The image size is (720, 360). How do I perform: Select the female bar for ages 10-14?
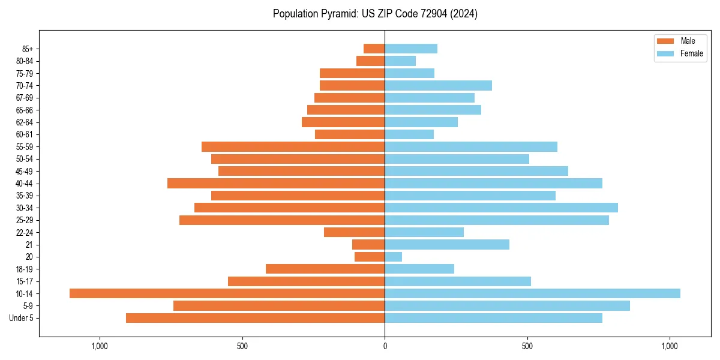pos(532,293)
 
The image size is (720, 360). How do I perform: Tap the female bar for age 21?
pos(447,244)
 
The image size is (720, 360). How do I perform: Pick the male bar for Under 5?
pos(255,318)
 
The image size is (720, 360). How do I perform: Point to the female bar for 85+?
pos(411,49)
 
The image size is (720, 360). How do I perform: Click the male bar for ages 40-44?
pos(276,183)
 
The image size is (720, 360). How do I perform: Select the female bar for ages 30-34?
pos(501,208)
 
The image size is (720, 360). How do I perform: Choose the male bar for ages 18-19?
pos(325,269)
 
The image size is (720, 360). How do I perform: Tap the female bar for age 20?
pos(393,257)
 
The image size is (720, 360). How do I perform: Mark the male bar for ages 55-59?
pos(293,146)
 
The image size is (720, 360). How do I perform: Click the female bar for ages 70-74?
pos(438,85)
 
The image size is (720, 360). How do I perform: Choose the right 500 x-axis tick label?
pos(527,346)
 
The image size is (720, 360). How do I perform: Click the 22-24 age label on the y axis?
pos(24,232)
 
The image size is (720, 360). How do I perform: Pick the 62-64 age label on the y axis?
pos(24,122)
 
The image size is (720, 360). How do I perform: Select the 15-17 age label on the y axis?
pos(24,281)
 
